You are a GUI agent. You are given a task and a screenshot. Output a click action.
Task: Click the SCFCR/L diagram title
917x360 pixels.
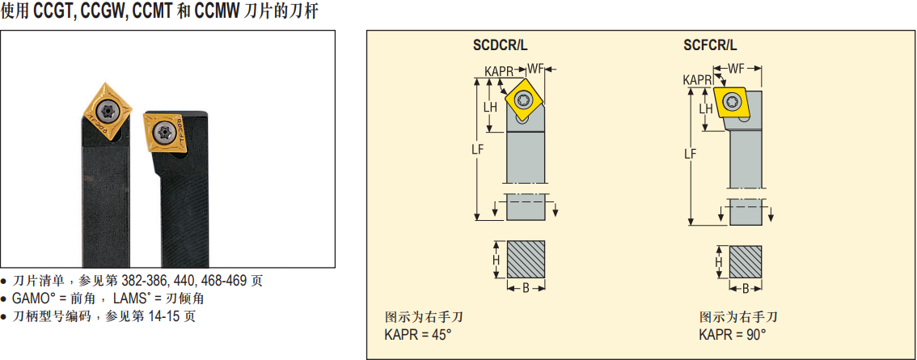point(710,44)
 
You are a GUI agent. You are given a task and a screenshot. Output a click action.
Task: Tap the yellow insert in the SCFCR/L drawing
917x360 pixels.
point(731,102)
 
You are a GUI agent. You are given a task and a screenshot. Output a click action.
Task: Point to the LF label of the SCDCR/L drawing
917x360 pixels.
point(478,149)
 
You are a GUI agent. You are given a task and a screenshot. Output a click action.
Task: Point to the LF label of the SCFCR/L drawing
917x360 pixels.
point(690,154)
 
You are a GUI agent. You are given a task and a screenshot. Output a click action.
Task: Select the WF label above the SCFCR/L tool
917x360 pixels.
point(737,69)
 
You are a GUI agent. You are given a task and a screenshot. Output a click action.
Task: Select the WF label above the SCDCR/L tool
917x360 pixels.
point(535,69)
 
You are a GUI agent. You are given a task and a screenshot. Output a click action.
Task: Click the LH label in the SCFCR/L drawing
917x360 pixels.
point(706,108)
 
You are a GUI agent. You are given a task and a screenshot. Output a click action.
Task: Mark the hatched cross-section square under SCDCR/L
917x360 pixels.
point(526,260)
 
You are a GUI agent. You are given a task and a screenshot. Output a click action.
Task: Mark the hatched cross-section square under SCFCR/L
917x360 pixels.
point(745,261)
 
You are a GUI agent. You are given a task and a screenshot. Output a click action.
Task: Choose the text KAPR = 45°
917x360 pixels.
point(417,335)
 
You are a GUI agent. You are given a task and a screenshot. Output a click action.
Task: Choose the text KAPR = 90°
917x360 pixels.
point(732,335)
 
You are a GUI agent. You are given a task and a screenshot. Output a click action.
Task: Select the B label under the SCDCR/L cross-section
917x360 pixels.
point(526,288)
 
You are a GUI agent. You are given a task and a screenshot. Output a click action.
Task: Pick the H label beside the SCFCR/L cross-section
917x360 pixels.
point(719,262)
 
